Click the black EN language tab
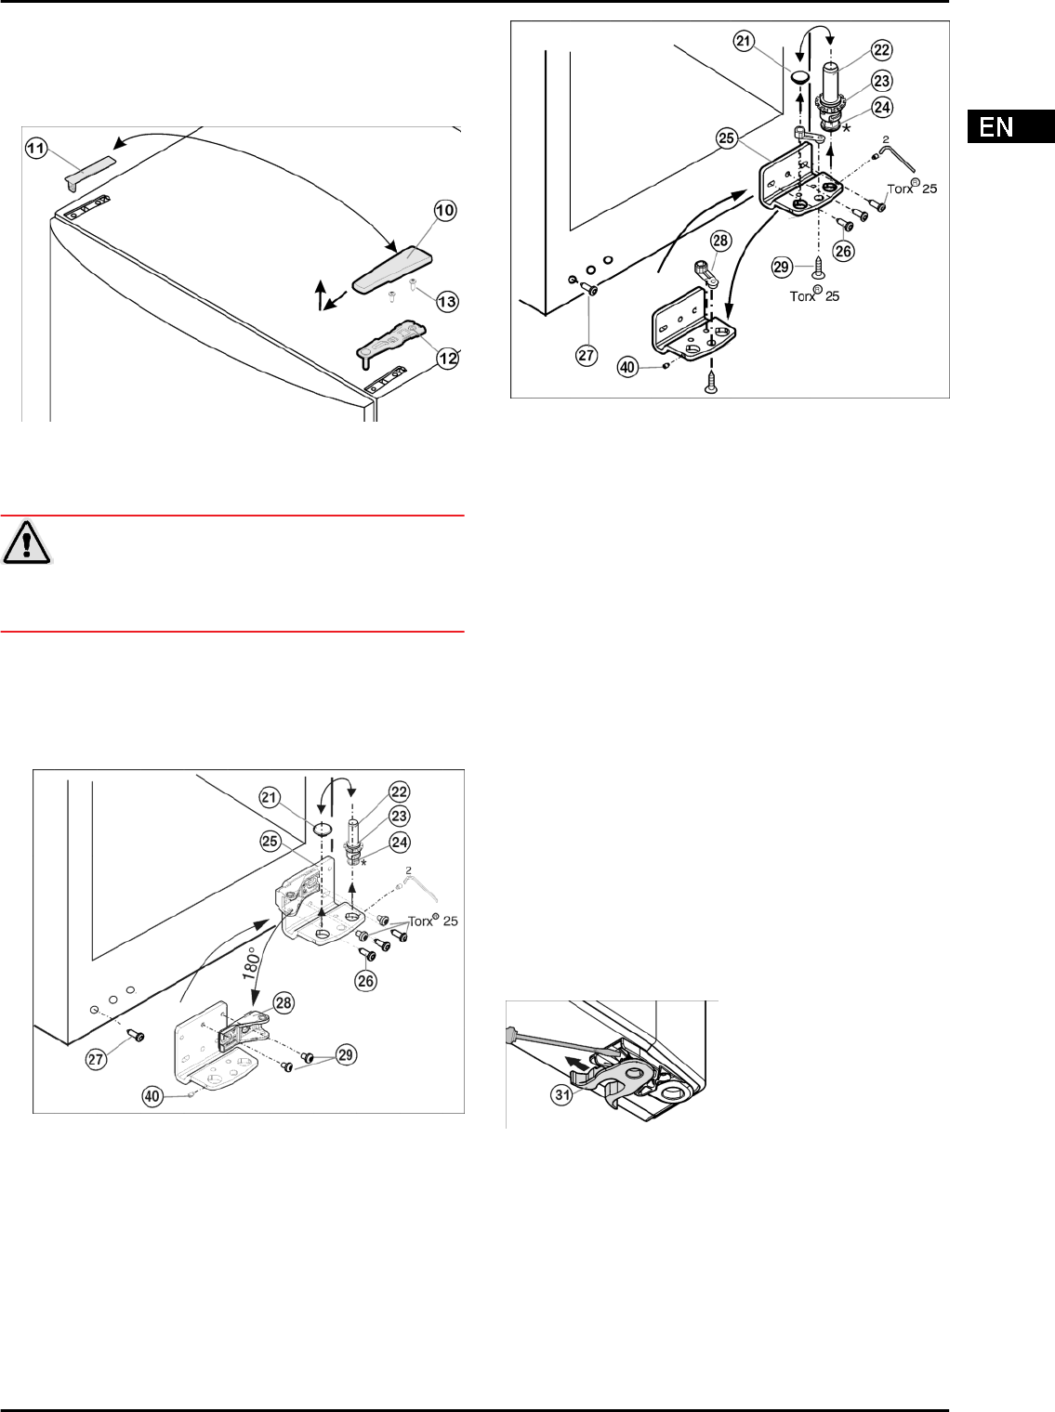[x=1010, y=126]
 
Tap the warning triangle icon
[x=26, y=543]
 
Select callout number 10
[x=445, y=210]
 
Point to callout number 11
[x=36, y=149]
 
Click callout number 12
[x=448, y=359]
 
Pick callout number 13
[x=447, y=301]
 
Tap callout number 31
[x=562, y=1094]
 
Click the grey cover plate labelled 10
[x=392, y=268]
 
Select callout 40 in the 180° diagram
[x=152, y=1096]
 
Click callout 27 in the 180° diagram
[x=96, y=1059]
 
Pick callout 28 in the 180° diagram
[x=284, y=1003]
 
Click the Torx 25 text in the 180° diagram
[x=433, y=922]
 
